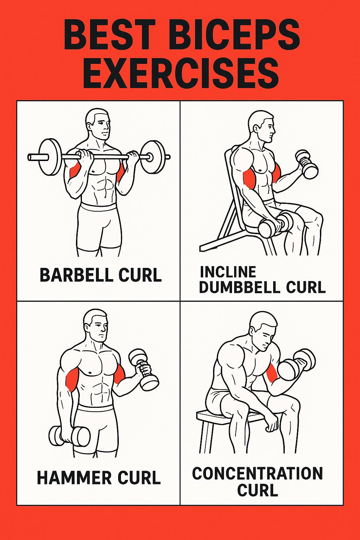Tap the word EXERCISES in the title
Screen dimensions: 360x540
(x=181, y=73)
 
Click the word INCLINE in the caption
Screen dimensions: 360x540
(x=227, y=272)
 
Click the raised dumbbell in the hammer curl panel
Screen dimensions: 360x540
(x=144, y=370)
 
